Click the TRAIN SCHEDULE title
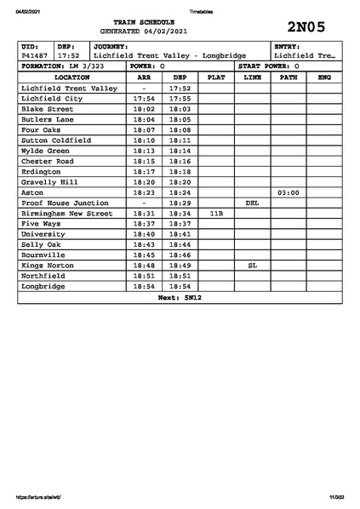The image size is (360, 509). coord(149,21)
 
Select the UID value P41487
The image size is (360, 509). coord(35,55)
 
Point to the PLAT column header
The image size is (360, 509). coord(216,77)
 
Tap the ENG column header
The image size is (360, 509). coord(323,77)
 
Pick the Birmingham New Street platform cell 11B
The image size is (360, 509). coord(216,214)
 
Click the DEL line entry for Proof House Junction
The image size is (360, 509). coord(252,203)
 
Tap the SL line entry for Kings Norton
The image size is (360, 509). coord(252,266)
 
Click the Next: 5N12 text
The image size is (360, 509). coord(179,299)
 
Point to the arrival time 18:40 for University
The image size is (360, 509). coord(144,235)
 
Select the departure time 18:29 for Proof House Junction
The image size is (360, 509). coord(180,203)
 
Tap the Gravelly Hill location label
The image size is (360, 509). coord(50,182)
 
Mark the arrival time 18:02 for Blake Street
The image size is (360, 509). coord(144,109)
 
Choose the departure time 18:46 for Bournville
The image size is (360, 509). coord(180,255)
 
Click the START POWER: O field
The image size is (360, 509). coord(272,66)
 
